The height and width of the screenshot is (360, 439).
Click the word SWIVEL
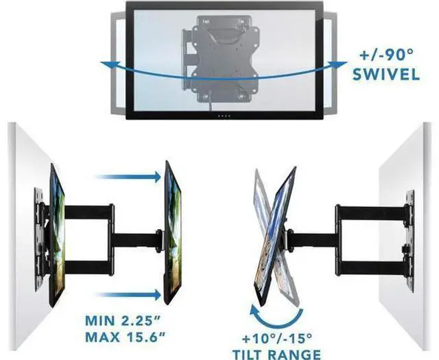[x=386, y=74]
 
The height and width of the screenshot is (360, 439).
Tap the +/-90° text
[x=386, y=55]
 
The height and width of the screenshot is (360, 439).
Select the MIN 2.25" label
[x=124, y=321]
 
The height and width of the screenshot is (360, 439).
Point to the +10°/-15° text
[x=277, y=339]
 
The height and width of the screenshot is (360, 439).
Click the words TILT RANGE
[x=277, y=355]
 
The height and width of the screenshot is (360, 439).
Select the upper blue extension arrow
[x=128, y=177]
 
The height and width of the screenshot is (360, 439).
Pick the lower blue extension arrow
[x=128, y=295]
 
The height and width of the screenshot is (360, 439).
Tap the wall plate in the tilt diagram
[x=410, y=241]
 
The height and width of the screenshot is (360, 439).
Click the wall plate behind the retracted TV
[x=39, y=239]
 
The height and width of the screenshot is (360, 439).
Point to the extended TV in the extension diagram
[x=173, y=232]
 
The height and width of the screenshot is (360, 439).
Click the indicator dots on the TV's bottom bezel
[x=224, y=116]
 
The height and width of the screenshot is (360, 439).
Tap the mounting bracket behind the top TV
[x=220, y=59]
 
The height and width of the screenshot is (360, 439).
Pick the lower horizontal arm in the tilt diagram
[x=372, y=268]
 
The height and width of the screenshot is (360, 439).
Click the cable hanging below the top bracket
[x=210, y=100]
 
